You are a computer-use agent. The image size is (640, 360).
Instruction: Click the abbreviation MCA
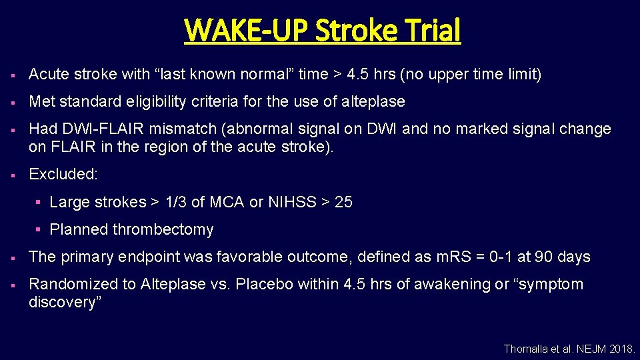point(228,202)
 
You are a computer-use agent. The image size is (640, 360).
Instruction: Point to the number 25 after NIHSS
point(343,202)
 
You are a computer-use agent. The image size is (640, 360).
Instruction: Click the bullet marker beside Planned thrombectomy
point(39,229)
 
